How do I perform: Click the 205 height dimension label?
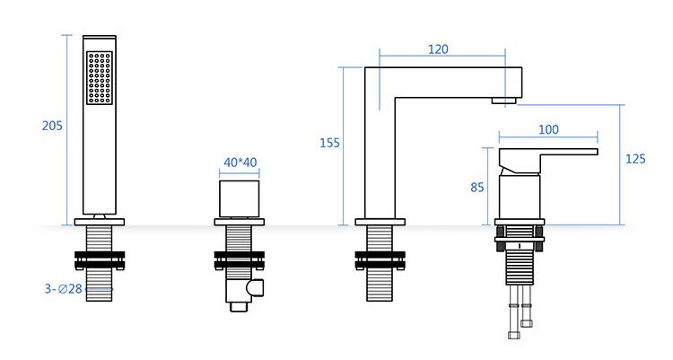52,126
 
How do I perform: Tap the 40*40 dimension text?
240,162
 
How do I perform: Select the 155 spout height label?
329,143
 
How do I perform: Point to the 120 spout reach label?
438,49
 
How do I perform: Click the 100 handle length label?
548,129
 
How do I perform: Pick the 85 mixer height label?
477,188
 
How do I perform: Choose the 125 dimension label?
635,159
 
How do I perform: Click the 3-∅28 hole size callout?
64,289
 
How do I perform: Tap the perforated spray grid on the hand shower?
100,78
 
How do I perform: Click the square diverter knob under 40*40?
239,199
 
